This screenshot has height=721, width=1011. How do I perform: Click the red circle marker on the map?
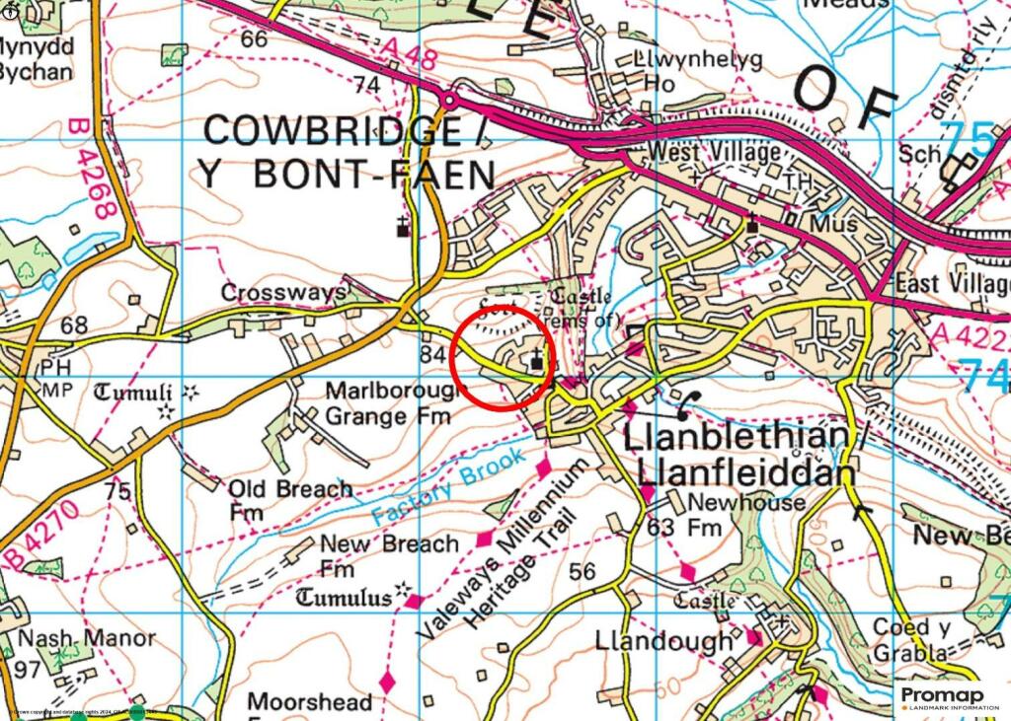coord(501,360)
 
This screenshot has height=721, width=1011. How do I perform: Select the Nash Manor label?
coord(87,638)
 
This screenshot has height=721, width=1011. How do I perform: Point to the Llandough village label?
coord(663,640)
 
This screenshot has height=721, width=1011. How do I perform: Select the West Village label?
coord(715,153)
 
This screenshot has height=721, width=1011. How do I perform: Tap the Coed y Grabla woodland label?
coord(911,640)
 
